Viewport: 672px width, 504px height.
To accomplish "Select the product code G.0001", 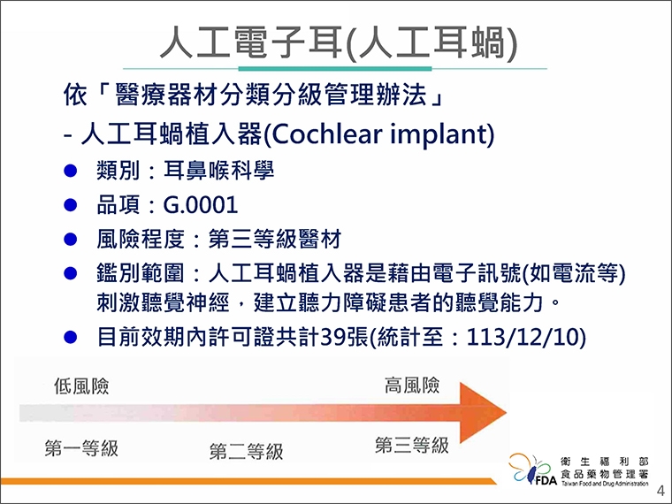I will click(201, 205).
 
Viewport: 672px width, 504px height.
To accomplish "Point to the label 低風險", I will click(81, 386).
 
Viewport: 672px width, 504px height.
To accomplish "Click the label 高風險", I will click(412, 386).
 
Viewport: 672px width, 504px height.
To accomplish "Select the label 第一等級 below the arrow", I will click(81, 448).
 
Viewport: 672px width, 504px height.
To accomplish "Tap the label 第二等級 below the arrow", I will click(246, 452).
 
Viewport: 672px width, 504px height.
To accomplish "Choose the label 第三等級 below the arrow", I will click(411, 445).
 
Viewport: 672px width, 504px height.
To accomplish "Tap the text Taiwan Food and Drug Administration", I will click(605, 484).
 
